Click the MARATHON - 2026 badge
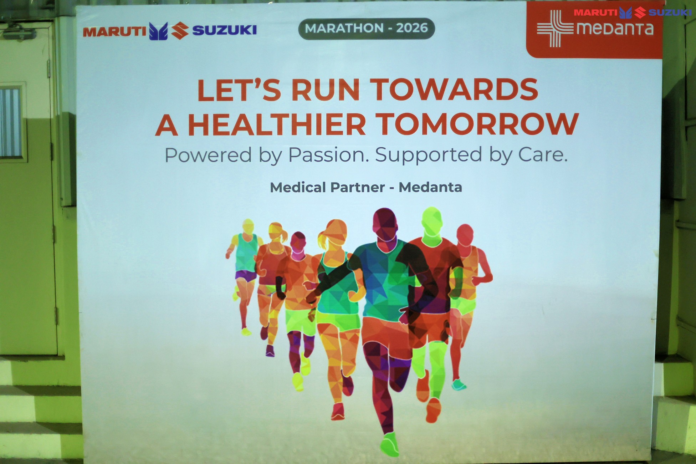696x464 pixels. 367,28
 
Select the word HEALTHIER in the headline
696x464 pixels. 277,124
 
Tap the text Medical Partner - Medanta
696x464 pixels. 366,187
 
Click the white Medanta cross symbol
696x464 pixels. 555,29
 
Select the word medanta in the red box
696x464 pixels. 615,28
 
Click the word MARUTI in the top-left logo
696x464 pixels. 114,32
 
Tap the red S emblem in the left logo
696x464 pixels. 180,31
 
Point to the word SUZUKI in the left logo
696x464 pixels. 224,30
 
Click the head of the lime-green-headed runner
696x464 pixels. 432,221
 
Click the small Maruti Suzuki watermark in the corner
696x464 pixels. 633,12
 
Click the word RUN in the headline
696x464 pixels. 325,90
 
